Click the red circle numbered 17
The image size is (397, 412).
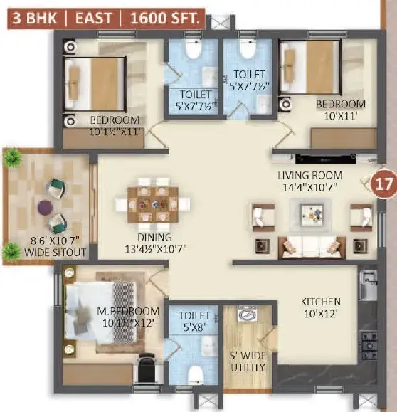click(x=384, y=184)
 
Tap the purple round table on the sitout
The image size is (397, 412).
click(x=46, y=207)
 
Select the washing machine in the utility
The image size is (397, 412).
click(x=248, y=313)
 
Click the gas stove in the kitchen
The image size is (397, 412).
click(x=369, y=346)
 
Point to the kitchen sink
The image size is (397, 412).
click(x=369, y=285)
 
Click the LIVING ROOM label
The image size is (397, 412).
click(x=310, y=176)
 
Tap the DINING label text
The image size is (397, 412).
click(x=154, y=237)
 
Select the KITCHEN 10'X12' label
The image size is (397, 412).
click(x=321, y=307)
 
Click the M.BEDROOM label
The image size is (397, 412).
click(x=128, y=312)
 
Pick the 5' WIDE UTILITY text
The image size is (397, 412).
click(x=248, y=361)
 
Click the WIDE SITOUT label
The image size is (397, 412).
click(x=55, y=252)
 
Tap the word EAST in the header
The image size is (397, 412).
click(x=93, y=18)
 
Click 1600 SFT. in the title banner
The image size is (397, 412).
click(x=165, y=18)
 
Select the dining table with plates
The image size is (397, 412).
click(x=153, y=204)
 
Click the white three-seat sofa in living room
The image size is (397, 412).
click(x=312, y=247)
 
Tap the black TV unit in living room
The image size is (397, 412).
click(x=326, y=159)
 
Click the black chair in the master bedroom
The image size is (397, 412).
click(x=147, y=369)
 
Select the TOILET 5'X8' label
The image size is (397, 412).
click(x=194, y=322)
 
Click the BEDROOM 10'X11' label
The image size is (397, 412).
click(x=341, y=110)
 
